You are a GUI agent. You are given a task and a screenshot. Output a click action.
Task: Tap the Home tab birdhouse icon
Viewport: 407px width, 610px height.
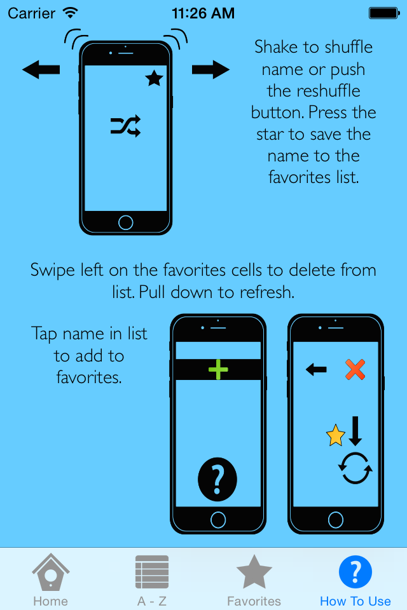coord(51,572)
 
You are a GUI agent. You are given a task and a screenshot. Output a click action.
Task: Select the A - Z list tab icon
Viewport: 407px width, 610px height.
coord(152,572)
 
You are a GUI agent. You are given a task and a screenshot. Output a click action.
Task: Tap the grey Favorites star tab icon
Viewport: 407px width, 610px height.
coord(254,572)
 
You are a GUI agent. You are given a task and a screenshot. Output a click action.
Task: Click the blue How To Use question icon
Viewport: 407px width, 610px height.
coord(355,572)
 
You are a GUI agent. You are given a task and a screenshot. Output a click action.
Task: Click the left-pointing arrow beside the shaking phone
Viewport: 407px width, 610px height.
coord(41,70)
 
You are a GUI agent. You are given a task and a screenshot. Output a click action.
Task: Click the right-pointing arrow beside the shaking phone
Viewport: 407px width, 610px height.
coord(210,70)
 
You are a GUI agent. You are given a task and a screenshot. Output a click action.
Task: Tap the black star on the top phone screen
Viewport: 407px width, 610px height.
coord(155,78)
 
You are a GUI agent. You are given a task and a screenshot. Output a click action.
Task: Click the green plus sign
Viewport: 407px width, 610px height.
coord(218,369)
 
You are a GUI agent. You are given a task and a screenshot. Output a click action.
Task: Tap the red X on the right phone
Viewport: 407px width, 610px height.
coord(355,369)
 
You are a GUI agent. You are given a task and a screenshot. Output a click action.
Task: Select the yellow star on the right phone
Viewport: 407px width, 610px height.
coord(335,435)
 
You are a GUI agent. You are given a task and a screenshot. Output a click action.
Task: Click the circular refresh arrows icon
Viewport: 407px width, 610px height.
coord(355,468)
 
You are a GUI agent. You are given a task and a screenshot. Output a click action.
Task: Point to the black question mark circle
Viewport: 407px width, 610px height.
coord(217,479)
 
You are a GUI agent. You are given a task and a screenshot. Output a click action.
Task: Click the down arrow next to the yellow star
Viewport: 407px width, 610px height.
coord(355,431)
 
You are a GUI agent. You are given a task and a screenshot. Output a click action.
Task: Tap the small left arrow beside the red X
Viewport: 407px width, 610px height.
coord(316,369)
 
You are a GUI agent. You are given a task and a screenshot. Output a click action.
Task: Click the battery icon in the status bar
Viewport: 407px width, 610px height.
coord(384,13)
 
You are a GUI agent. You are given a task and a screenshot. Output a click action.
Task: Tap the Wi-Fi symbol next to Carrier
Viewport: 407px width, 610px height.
coord(71,13)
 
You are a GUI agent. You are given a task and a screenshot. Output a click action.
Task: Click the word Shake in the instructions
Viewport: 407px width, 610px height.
coord(276,47)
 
